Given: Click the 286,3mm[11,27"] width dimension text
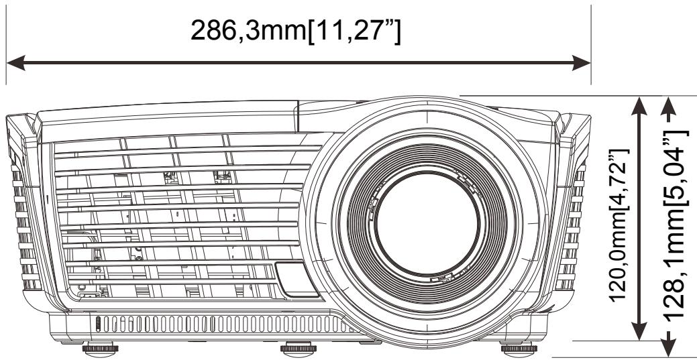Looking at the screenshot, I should click(296, 32).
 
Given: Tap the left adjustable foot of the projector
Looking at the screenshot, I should click(98, 349).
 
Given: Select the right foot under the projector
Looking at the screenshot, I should click(516, 348).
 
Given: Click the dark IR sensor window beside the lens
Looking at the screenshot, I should click(294, 279).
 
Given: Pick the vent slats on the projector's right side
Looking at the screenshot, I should click(578, 228).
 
